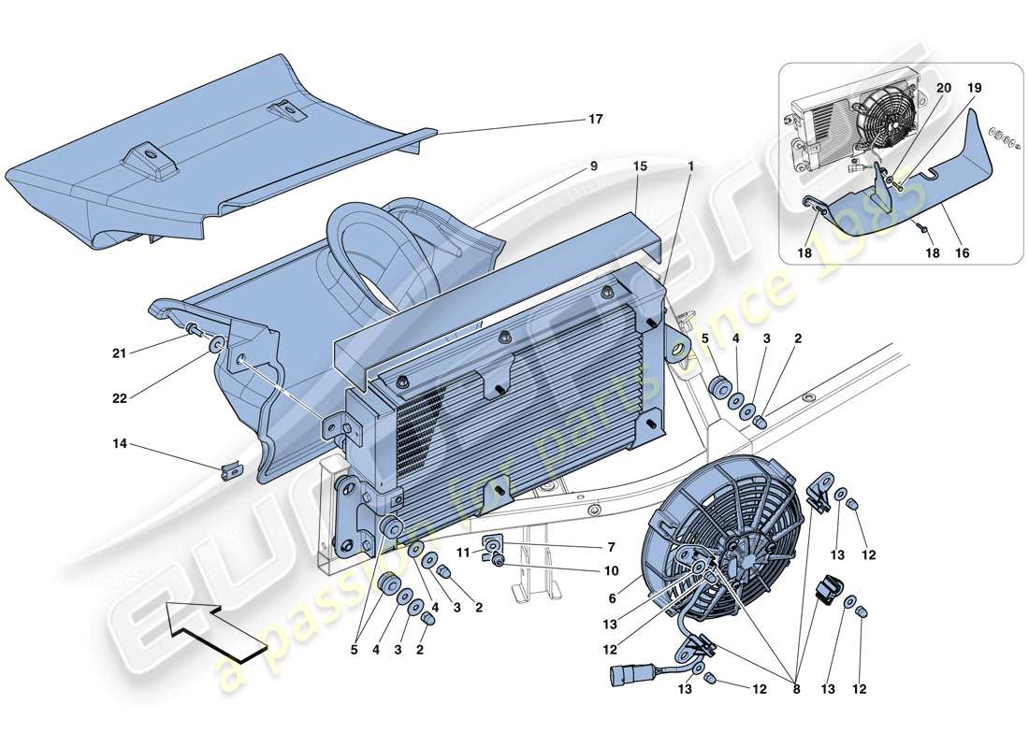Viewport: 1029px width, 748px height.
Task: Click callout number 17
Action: (x=596, y=120)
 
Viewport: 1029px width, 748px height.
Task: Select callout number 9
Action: (x=593, y=167)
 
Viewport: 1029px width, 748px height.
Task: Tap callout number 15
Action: (x=640, y=167)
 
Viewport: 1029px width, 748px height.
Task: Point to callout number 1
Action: (x=690, y=167)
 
